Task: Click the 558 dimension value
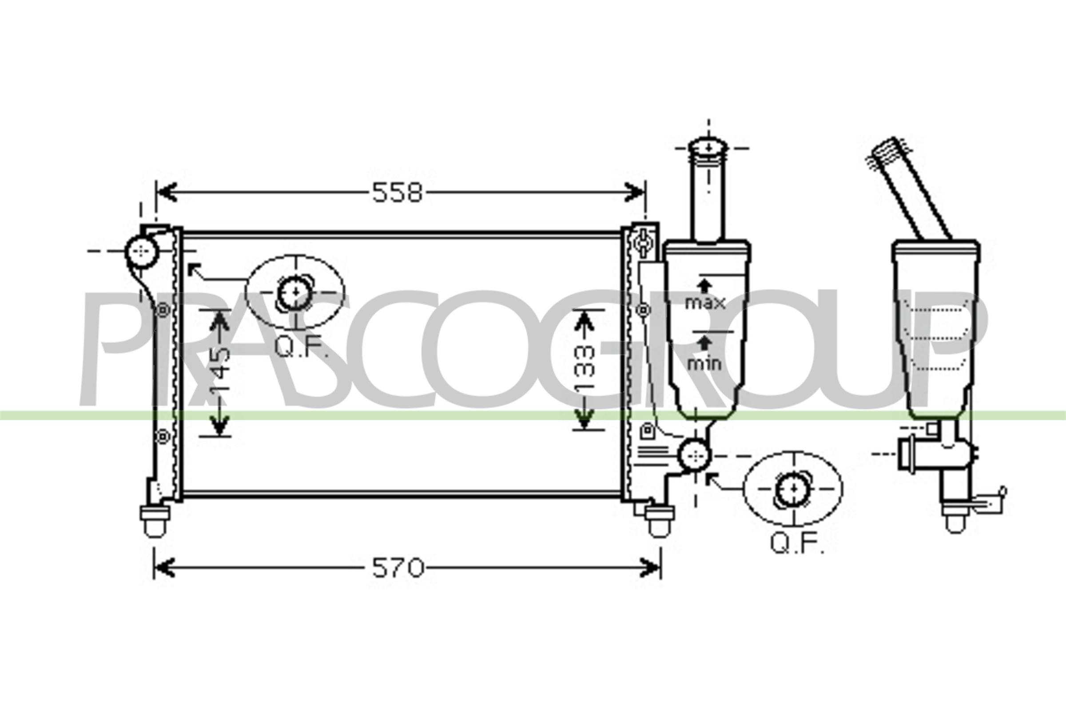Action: pyautogui.click(x=398, y=193)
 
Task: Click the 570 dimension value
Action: pyautogui.click(x=398, y=568)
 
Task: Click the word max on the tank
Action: pyautogui.click(x=705, y=303)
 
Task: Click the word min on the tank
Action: pyautogui.click(x=704, y=363)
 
